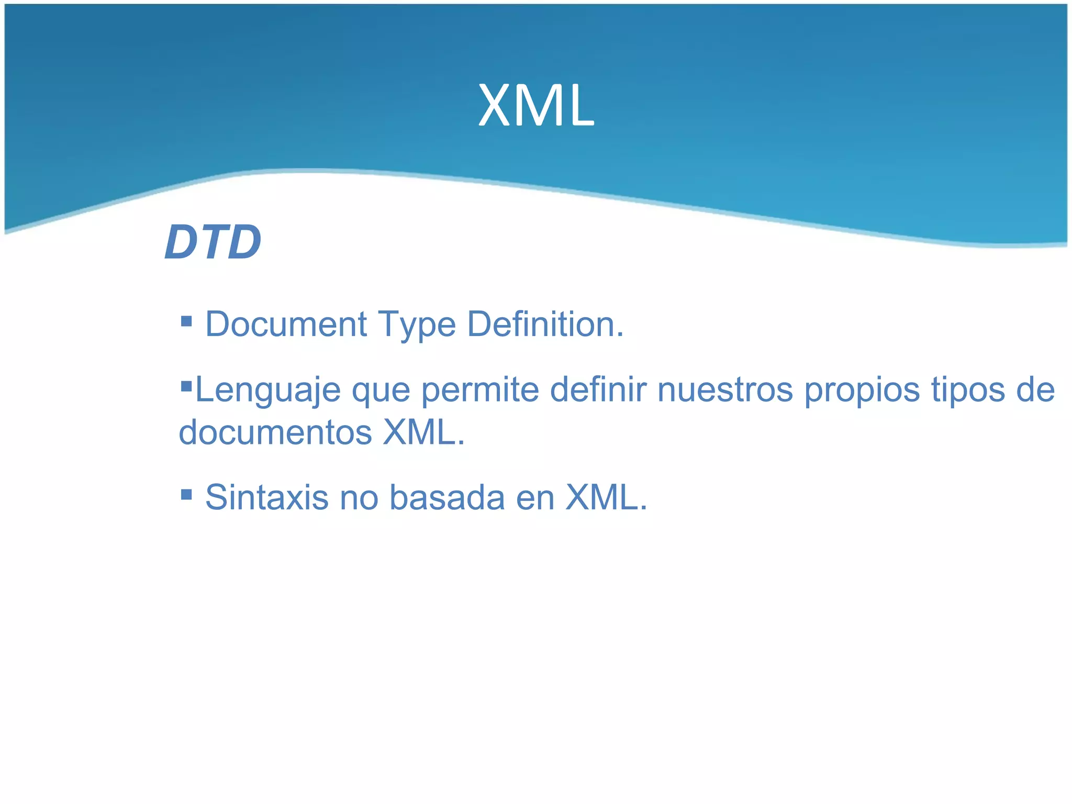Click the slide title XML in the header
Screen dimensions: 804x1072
[536, 106]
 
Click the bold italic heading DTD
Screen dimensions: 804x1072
[213, 242]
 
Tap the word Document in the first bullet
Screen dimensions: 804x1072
[286, 324]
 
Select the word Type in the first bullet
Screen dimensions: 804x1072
[417, 325]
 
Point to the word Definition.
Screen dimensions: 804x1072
[544, 324]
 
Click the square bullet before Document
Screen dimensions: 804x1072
[186, 321]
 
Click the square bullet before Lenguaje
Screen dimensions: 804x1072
[186, 387]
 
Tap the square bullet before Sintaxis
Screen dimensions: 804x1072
[186, 494]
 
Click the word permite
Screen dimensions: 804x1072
[479, 390]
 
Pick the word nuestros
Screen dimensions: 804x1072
[725, 390]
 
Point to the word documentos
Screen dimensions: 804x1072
[275, 432]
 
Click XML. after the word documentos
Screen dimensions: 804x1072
[423, 432]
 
